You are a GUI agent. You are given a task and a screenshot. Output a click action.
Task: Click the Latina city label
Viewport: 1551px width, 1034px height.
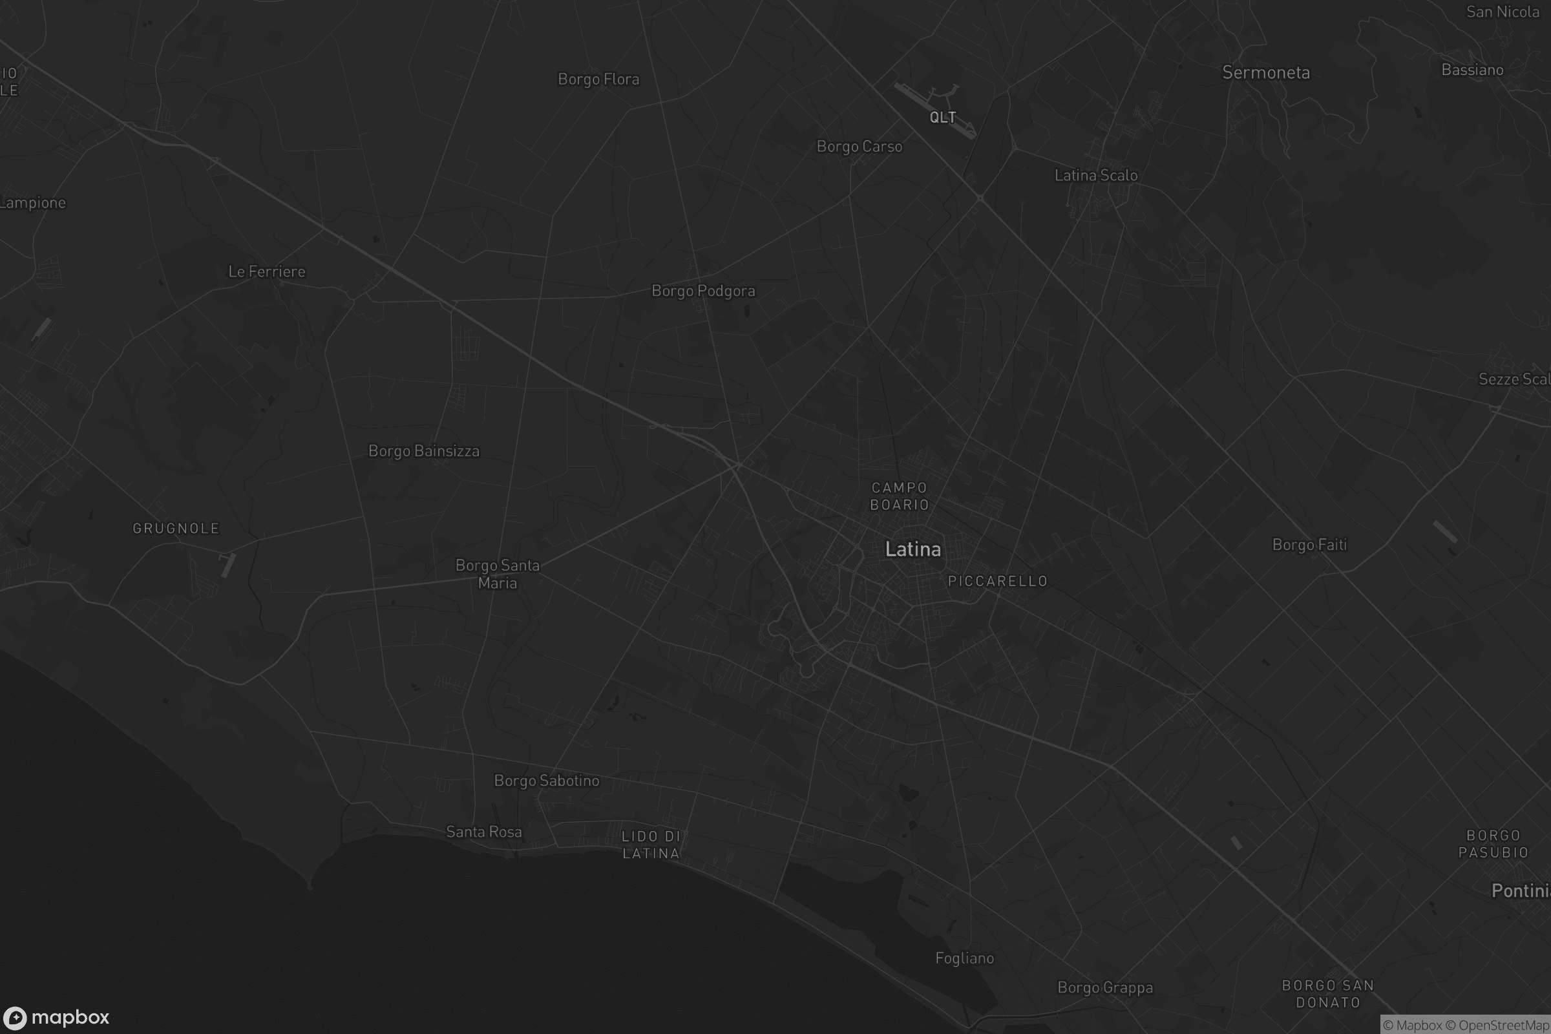[x=913, y=549]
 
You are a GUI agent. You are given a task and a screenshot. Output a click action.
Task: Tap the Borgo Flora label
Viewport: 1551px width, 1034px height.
[x=598, y=79]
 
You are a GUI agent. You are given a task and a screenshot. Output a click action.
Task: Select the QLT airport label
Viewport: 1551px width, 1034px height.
[x=942, y=118]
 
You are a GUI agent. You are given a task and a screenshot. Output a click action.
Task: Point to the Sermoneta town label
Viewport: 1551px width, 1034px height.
[x=1265, y=72]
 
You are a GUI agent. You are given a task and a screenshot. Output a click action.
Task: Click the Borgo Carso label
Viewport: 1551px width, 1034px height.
[x=859, y=147]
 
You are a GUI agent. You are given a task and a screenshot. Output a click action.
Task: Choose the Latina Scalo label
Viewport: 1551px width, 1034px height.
[x=1095, y=175]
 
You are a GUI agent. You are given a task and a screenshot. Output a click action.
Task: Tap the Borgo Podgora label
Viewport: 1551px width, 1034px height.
[x=703, y=291]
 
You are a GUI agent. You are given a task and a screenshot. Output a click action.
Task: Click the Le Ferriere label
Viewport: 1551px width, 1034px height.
[x=266, y=271]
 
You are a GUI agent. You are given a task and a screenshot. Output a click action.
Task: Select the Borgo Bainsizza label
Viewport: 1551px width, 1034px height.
[x=423, y=451]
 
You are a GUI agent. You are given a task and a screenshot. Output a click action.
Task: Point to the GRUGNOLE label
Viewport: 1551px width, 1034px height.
[x=176, y=528]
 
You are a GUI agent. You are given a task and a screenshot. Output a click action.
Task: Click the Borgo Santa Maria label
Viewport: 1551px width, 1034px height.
[x=497, y=574]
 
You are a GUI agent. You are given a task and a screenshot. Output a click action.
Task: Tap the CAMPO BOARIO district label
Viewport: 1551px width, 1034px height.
[x=900, y=496]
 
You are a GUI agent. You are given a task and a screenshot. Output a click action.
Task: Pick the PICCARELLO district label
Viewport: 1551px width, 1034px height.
[x=997, y=581]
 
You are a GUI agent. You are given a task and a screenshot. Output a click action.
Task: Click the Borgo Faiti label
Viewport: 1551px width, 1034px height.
[x=1309, y=545]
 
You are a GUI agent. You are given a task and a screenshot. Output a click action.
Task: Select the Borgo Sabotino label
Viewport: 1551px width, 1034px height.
[x=546, y=781]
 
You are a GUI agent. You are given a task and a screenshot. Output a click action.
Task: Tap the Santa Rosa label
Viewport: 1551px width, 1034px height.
[x=483, y=832]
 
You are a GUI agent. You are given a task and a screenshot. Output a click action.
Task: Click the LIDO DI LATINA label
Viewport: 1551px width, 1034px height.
[x=650, y=845]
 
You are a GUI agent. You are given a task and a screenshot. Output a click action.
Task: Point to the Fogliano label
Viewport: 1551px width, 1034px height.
[x=964, y=958]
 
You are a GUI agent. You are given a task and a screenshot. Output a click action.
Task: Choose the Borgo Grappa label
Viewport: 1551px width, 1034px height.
[x=1104, y=988]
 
